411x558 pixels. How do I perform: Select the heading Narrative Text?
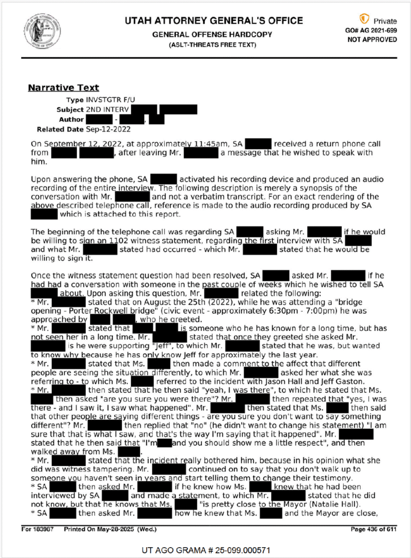[63, 87]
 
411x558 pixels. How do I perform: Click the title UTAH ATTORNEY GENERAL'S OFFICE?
[213, 21]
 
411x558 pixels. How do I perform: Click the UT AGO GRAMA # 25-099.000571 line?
[205, 549]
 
